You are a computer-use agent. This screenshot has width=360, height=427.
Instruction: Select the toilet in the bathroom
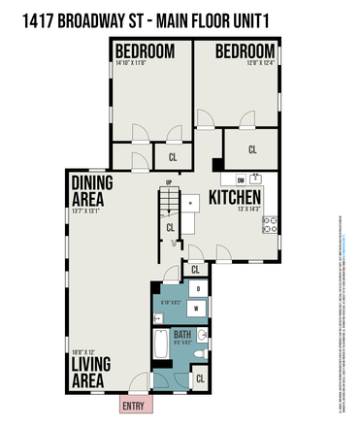[199, 355]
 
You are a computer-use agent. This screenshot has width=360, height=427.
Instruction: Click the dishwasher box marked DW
[241, 180]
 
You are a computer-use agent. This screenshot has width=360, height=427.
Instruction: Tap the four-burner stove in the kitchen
[269, 224]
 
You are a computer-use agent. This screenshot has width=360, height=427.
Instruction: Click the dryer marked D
[198, 289]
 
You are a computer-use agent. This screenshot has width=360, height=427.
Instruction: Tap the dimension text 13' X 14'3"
[237, 213]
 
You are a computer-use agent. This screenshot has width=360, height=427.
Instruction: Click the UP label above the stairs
[169, 182]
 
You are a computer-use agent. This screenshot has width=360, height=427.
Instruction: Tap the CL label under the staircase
[170, 227]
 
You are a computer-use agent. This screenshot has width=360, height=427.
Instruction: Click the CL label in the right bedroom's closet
[252, 149]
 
